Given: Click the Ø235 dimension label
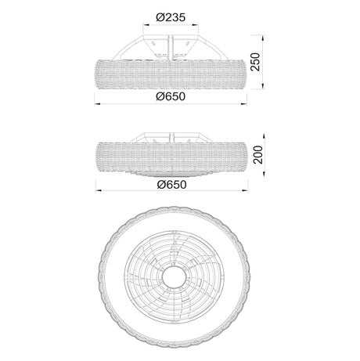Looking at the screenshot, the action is point(171,17).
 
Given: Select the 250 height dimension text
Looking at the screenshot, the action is point(256,62).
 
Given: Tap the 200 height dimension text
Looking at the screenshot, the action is point(258,155).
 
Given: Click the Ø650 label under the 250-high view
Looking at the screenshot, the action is point(171,96).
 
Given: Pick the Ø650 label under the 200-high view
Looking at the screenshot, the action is point(171,185).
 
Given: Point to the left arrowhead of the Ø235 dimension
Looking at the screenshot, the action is point(146,25).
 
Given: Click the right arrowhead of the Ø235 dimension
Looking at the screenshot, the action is point(196,25).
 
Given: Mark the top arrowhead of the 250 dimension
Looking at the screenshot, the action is point(263,38).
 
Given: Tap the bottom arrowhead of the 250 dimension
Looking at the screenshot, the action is point(263,86).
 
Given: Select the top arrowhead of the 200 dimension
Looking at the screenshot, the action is point(265,137).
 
